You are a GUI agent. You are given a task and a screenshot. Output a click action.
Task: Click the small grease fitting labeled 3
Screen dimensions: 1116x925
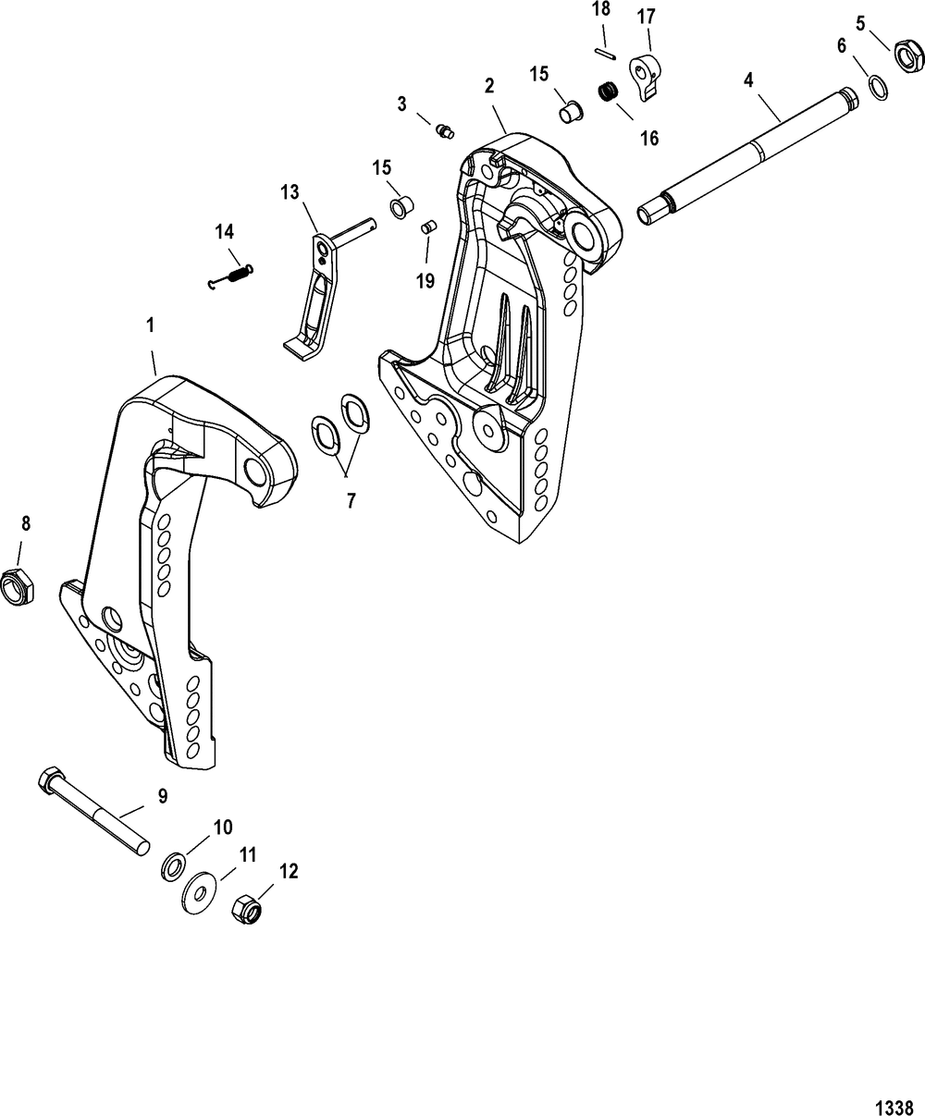click(446, 131)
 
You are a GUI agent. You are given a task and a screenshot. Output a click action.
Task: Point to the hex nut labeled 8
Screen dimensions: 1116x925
click(18, 586)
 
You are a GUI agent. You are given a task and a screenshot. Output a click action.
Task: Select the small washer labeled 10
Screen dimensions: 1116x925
click(172, 866)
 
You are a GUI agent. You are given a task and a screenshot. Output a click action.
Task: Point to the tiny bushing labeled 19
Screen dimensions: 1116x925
click(428, 227)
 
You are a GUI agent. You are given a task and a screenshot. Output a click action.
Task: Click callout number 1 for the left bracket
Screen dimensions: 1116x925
click(150, 325)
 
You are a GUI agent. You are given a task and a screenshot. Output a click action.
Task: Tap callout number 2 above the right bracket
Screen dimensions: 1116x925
click(488, 85)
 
